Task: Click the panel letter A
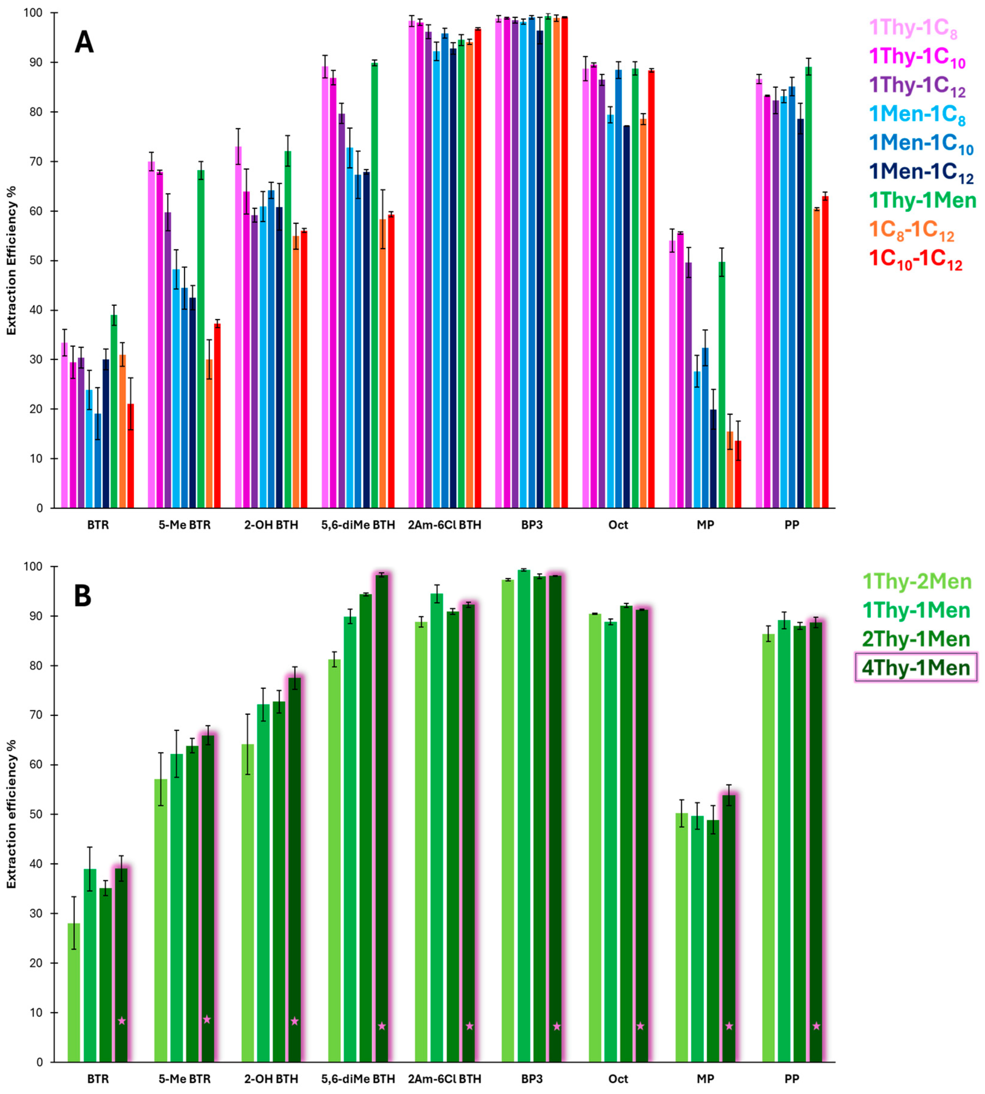84,42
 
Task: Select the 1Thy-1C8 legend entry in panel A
913,29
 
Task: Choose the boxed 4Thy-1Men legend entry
916,667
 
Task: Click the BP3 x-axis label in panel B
531,1079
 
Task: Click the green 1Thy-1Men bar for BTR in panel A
114,411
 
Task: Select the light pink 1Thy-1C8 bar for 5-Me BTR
151,335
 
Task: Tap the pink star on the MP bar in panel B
729,1026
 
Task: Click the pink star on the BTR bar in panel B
122,1021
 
